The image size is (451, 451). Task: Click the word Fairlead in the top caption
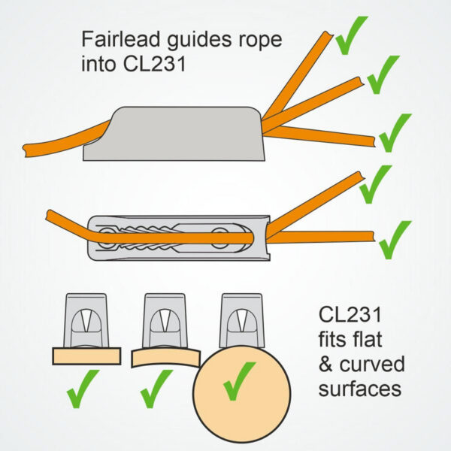[x=120, y=39]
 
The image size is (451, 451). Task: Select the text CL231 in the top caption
[x=155, y=64]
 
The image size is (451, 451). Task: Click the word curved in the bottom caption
[x=372, y=364]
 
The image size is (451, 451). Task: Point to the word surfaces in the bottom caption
[x=360, y=389]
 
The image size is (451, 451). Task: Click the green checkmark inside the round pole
[x=239, y=381]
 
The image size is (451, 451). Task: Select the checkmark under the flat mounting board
[x=83, y=389]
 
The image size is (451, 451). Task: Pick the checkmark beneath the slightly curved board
[x=157, y=389]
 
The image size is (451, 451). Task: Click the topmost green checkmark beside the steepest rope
[x=352, y=35]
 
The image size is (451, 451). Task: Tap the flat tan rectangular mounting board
[x=86, y=356]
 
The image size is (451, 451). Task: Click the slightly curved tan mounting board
[x=165, y=358]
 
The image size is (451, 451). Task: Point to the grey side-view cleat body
[x=174, y=134]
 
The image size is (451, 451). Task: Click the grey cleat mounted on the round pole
[x=242, y=320]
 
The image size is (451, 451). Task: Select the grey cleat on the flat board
[x=86, y=320]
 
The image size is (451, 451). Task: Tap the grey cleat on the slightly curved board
[x=165, y=320]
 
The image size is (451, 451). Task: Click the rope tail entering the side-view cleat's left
[x=66, y=139]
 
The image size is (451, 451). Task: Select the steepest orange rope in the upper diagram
[x=298, y=75]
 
